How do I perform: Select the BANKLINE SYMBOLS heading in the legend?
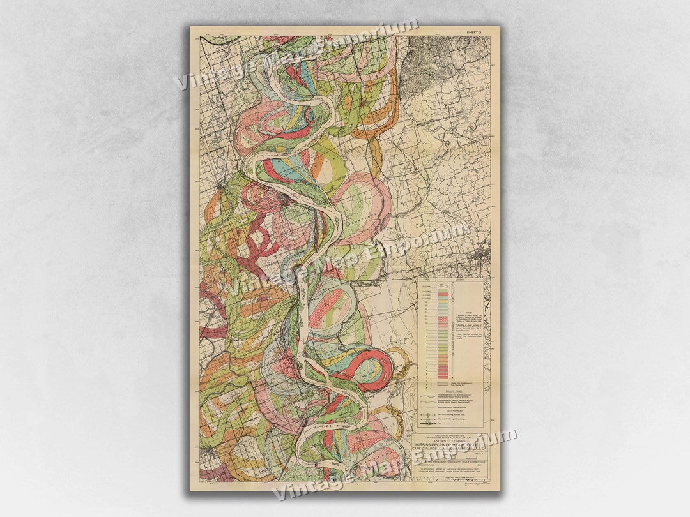point(450,391)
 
